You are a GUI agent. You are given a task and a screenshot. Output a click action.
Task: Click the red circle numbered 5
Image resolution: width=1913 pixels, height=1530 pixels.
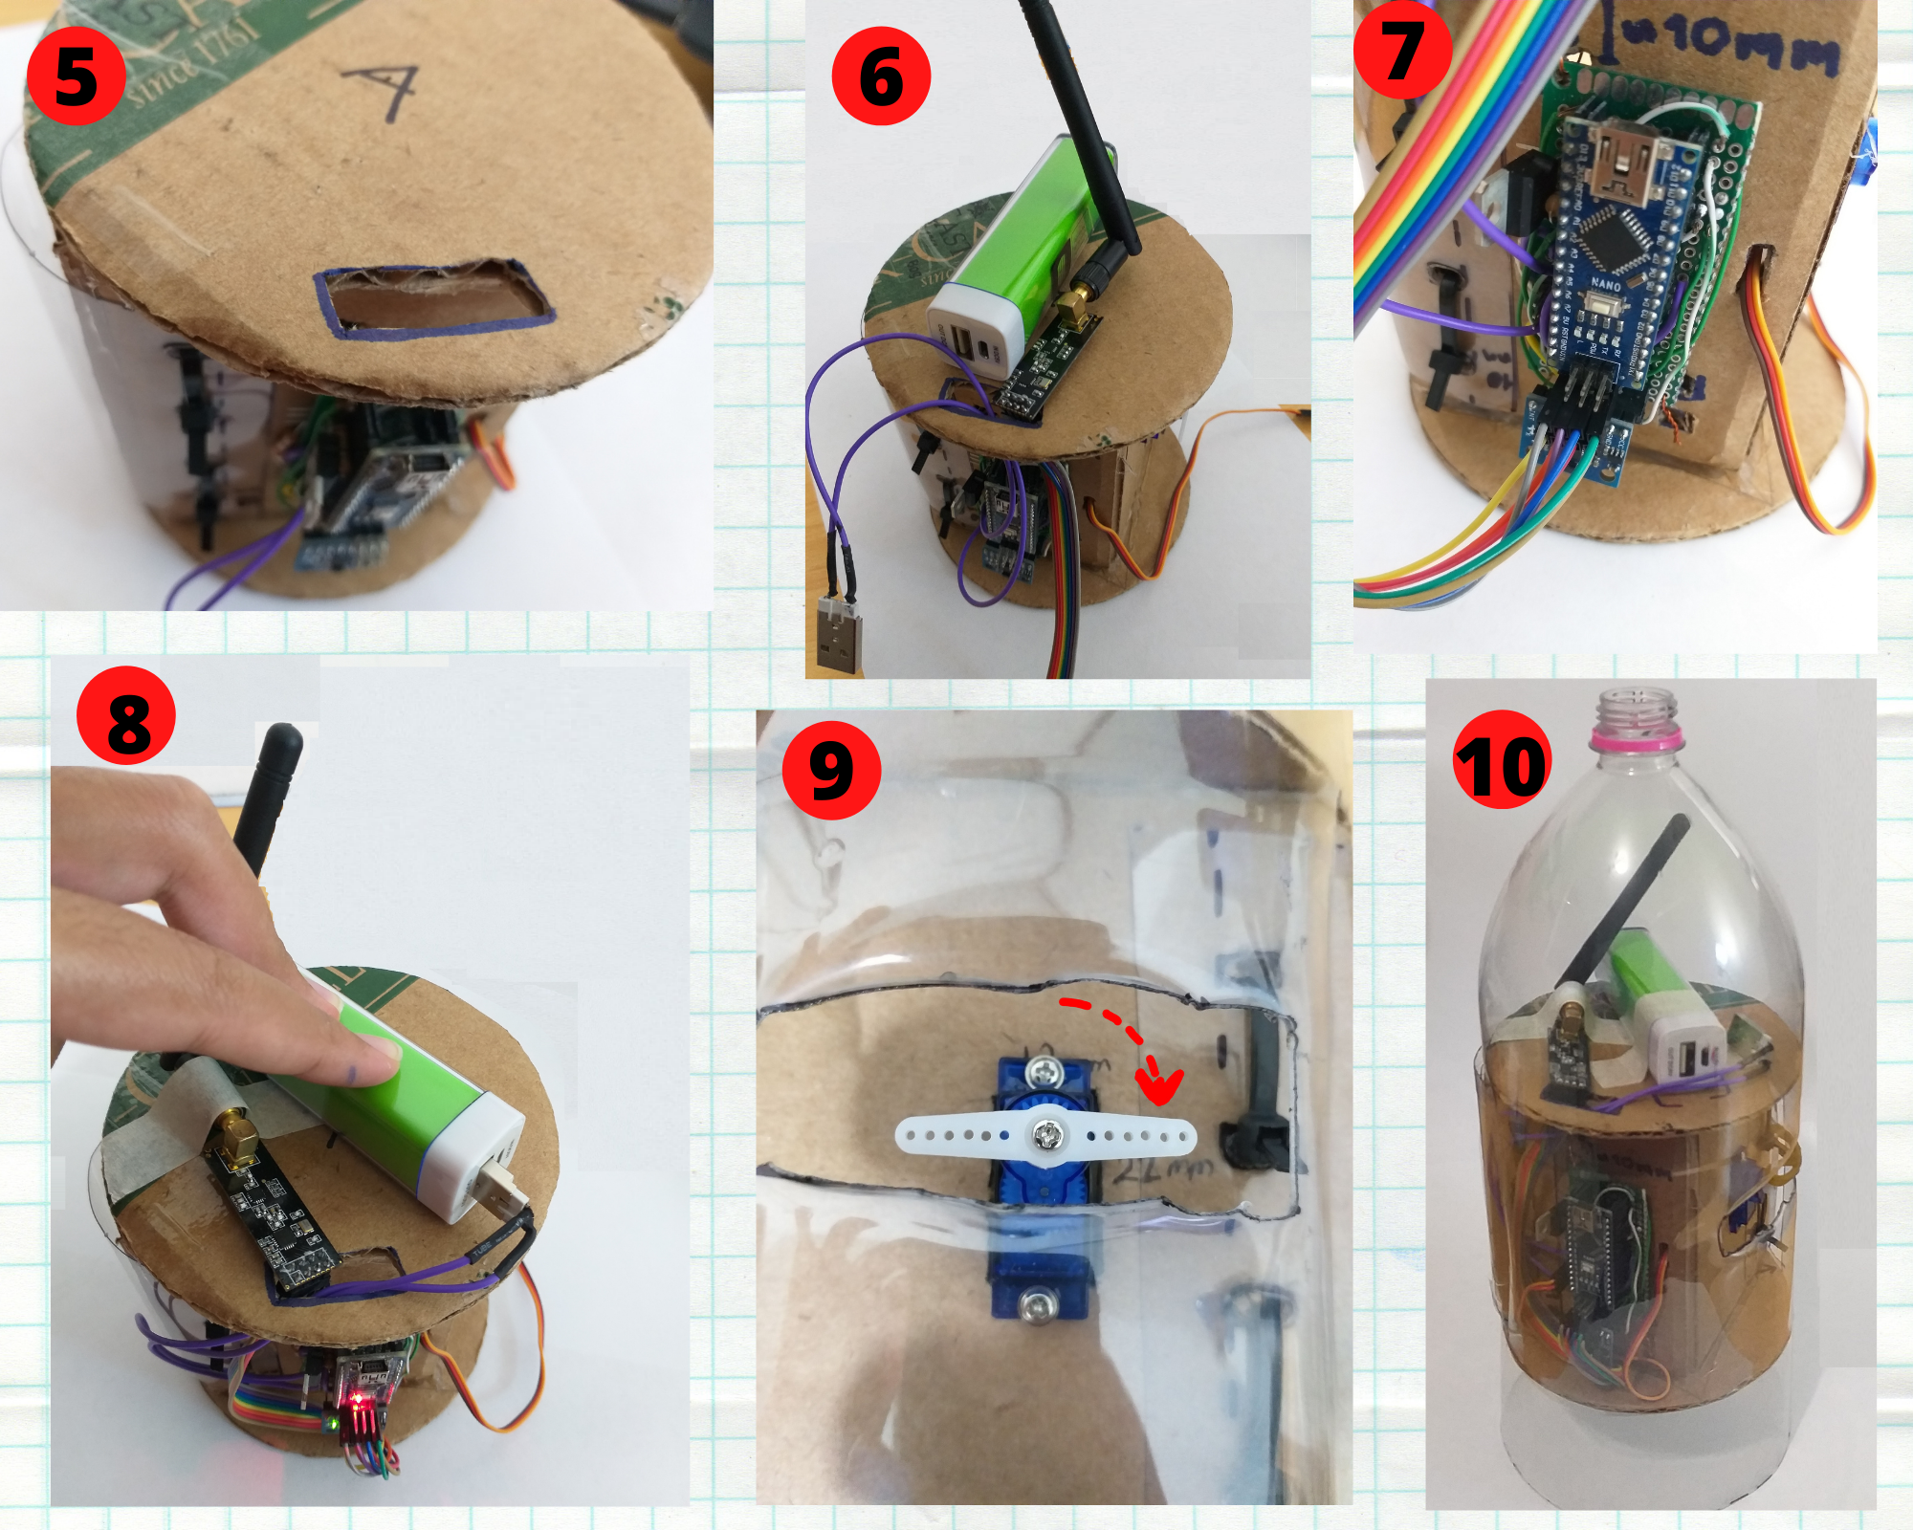[77, 76]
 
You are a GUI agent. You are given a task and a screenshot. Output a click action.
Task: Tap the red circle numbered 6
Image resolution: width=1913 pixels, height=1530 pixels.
[881, 76]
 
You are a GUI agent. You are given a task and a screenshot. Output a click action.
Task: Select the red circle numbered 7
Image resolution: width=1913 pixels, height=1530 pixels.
[1402, 50]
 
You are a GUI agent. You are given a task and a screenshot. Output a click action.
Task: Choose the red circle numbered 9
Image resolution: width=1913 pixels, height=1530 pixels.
[831, 770]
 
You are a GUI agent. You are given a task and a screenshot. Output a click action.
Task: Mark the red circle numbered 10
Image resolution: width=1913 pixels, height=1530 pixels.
[1502, 760]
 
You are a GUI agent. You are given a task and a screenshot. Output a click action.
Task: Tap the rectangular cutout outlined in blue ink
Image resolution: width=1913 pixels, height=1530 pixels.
[432, 298]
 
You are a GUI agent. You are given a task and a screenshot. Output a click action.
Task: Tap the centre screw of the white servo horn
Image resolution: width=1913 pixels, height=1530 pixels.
[1045, 1135]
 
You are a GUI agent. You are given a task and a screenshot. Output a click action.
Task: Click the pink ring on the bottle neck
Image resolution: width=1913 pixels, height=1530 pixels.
[1637, 738]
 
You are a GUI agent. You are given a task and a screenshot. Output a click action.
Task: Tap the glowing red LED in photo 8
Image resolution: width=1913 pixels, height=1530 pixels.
[358, 1399]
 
